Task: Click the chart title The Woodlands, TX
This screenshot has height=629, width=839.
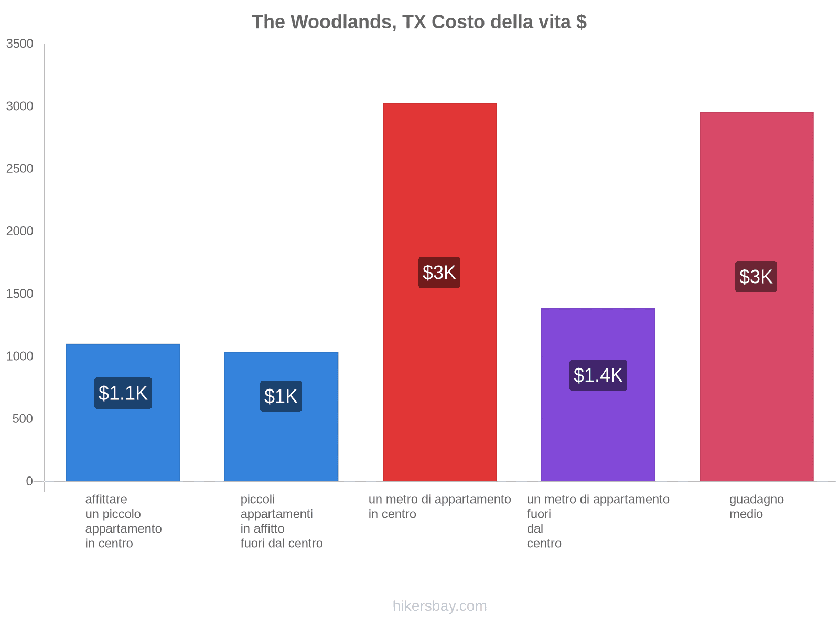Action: click(419, 22)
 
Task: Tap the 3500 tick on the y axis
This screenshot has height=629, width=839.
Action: click(20, 44)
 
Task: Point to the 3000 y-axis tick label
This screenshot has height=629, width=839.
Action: click(20, 106)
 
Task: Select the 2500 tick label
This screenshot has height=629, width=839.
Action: click(20, 169)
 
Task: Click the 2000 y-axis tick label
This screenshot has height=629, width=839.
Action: click(20, 231)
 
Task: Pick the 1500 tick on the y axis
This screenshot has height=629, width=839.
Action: click(20, 294)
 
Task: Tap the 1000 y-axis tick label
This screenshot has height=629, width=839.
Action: click(20, 356)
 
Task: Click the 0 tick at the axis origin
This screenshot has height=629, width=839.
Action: click(29, 481)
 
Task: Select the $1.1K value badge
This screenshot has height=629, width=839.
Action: click(123, 393)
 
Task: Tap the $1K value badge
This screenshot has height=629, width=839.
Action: click(281, 396)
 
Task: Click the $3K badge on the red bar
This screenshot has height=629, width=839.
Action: click(439, 273)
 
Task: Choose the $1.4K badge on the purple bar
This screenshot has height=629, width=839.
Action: click(598, 375)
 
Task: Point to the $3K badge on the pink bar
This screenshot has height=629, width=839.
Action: click(756, 277)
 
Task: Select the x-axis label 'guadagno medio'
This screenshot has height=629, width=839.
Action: click(756, 507)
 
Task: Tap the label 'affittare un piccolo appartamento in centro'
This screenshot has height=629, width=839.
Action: click(123, 522)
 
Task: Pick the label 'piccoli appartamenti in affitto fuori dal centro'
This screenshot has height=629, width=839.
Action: click(282, 522)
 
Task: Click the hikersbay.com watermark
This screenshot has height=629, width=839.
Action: click(439, 606)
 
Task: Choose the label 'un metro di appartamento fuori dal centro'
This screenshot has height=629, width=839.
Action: click(598, 522)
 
